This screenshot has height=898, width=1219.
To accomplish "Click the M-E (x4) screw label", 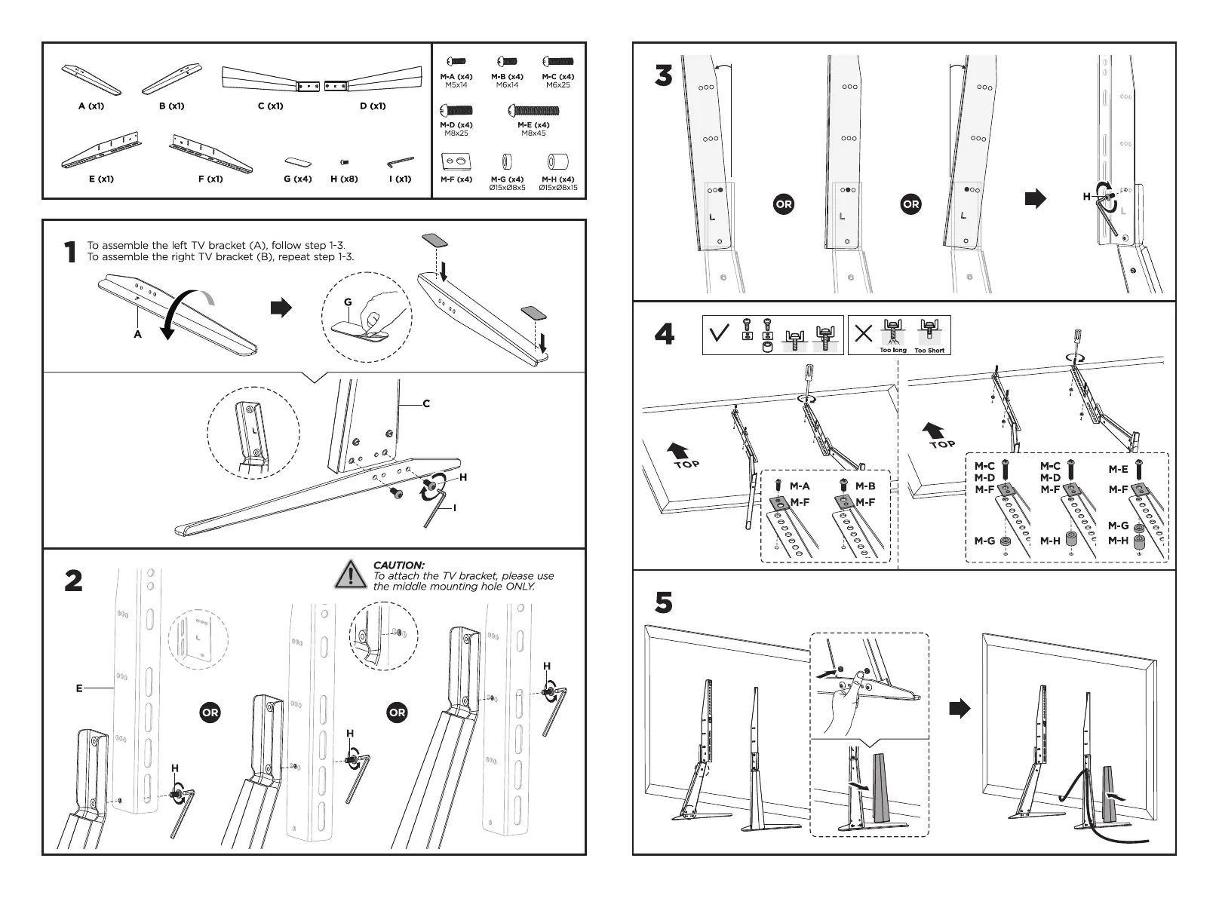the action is [x=533, y=125].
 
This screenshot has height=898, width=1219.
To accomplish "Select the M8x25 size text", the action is [x=456, y=133].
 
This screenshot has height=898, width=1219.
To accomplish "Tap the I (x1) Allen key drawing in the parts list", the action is [x=400, y=162].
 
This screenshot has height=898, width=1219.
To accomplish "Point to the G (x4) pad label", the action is [x=298, y=179].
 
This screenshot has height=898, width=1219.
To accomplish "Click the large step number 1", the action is [x=70, y=253].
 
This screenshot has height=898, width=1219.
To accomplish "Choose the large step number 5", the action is [x=663, y=602].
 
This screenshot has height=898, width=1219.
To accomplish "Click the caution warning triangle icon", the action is [x=351, y=575].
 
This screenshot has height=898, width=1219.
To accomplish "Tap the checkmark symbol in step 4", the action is [x=720, y=333].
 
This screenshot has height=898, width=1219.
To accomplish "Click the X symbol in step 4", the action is [x=864, y=333].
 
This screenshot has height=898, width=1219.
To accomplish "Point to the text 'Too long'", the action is [x=893, y=351].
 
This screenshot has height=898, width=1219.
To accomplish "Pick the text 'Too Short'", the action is [x=929, y=351].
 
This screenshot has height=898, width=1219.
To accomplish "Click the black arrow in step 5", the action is [x=960, y=708].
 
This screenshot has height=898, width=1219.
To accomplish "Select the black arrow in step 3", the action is [x=1035, y=198].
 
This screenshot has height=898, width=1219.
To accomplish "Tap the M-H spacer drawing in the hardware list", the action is [x=557, y=161].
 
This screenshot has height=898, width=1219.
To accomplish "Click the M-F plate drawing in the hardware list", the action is [x=456, y=161].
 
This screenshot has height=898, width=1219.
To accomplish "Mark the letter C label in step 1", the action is [x=426, y=403].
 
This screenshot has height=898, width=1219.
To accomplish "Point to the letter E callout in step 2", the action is [x=79, y=688].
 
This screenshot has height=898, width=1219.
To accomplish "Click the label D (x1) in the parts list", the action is [x=373, y=106].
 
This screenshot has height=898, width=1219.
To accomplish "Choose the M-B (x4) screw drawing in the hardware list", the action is [x=507, y=62].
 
